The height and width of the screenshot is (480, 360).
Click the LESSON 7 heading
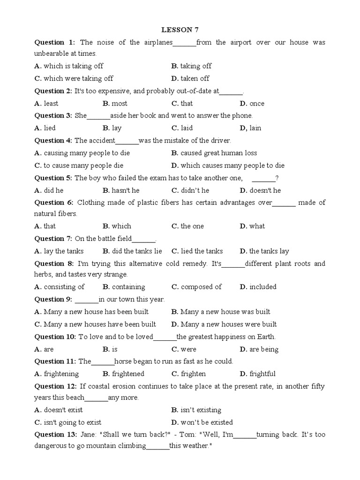pos(180,30)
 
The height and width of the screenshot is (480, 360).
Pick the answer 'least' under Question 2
pos(51,104)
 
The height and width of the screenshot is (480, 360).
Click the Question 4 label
pos(52,140)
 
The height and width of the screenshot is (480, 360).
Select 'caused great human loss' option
pos(218,153)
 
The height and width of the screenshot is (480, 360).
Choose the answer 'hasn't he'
pos(125,190)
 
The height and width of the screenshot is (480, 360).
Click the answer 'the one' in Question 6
pos(192,226)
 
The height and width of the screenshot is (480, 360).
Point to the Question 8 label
pos(52,264)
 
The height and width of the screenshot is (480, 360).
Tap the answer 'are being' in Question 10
pos(263,349)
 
